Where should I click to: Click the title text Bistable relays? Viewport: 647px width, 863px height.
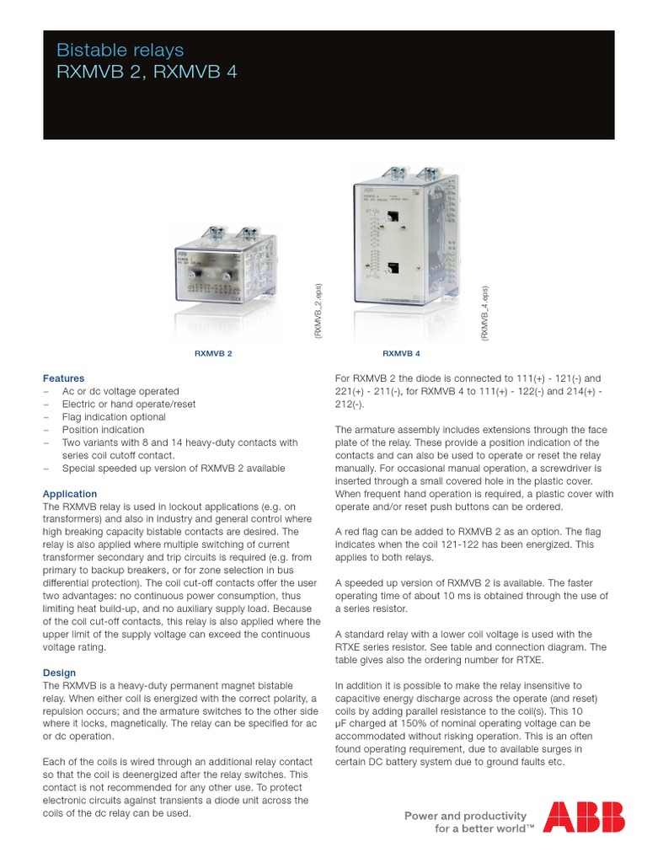(119, 51)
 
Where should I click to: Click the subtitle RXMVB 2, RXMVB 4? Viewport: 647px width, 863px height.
(147, 72)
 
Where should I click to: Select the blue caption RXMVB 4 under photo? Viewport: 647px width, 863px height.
(402, 354)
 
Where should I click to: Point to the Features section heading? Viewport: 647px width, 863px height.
(63, 378)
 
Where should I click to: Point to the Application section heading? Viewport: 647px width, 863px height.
(70, 493)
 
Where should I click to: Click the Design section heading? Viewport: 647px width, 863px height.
(59, 673)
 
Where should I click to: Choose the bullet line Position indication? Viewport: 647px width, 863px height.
(103, 430)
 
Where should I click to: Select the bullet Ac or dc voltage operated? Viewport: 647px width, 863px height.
(120, 391)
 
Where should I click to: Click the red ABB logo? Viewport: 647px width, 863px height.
(584, 817)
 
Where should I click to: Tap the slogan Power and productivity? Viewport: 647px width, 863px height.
(466, 815)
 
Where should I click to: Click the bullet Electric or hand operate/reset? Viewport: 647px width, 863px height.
(129, 404)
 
